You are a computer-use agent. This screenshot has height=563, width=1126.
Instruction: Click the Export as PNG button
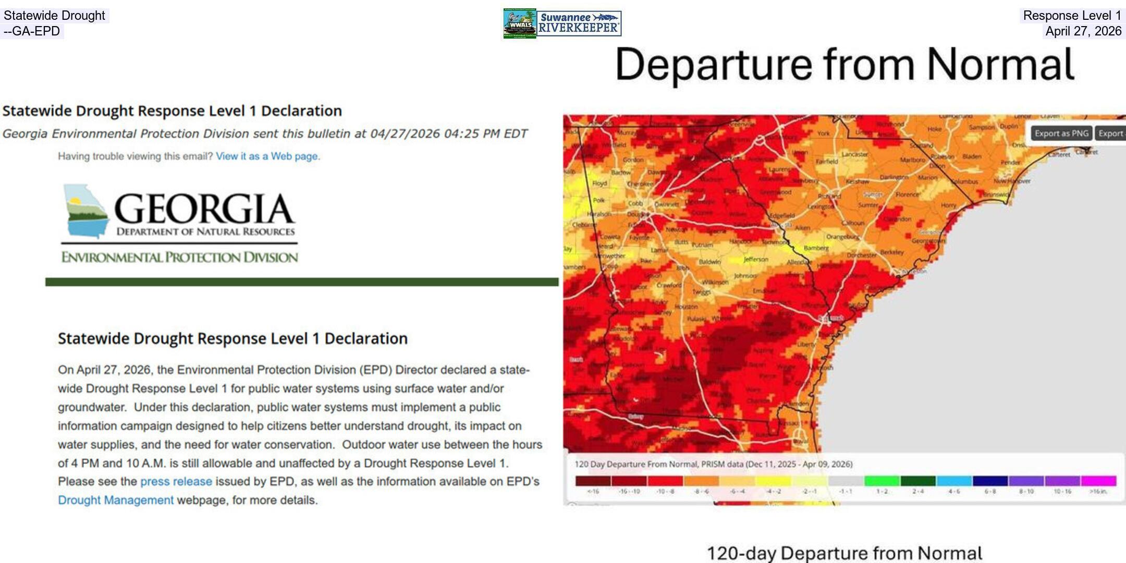point(1061,133)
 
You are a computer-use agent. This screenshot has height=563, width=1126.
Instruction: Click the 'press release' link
point(176,482)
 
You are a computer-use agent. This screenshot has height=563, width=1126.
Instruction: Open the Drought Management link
point(116,500)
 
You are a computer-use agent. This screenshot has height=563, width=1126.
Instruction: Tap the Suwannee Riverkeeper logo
point(579,23)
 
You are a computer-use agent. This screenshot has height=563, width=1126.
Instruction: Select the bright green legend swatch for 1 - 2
point(882,481)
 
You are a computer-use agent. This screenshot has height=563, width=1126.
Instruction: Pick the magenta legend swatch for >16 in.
point(1098,481)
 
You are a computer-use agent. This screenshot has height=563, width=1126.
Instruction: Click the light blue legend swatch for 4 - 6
point(954,481)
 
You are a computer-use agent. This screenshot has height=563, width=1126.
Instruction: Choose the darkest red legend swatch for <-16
point(593,481)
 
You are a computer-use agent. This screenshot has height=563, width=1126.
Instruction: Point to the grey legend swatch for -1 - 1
point(846,481)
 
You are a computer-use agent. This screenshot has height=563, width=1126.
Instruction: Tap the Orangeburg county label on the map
point(842,237)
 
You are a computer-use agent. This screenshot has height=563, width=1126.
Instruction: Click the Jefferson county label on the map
point(755,259)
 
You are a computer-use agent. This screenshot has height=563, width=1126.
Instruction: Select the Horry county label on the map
point(948,205)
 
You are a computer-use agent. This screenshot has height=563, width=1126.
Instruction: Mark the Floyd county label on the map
point(599,183)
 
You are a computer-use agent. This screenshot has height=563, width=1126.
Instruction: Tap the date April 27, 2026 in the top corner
point(1083,31)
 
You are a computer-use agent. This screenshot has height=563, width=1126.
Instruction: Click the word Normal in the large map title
point(1000,65)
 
